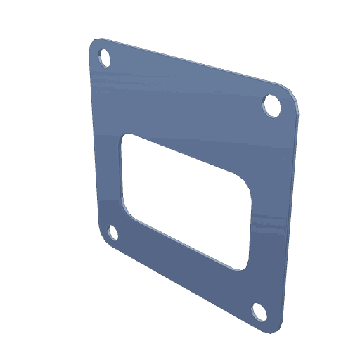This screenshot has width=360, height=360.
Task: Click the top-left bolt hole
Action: [104, 56]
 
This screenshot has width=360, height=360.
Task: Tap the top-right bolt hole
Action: [270, 103]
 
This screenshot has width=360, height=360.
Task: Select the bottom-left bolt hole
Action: [110, 233]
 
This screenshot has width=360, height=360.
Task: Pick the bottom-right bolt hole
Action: [258, 311]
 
